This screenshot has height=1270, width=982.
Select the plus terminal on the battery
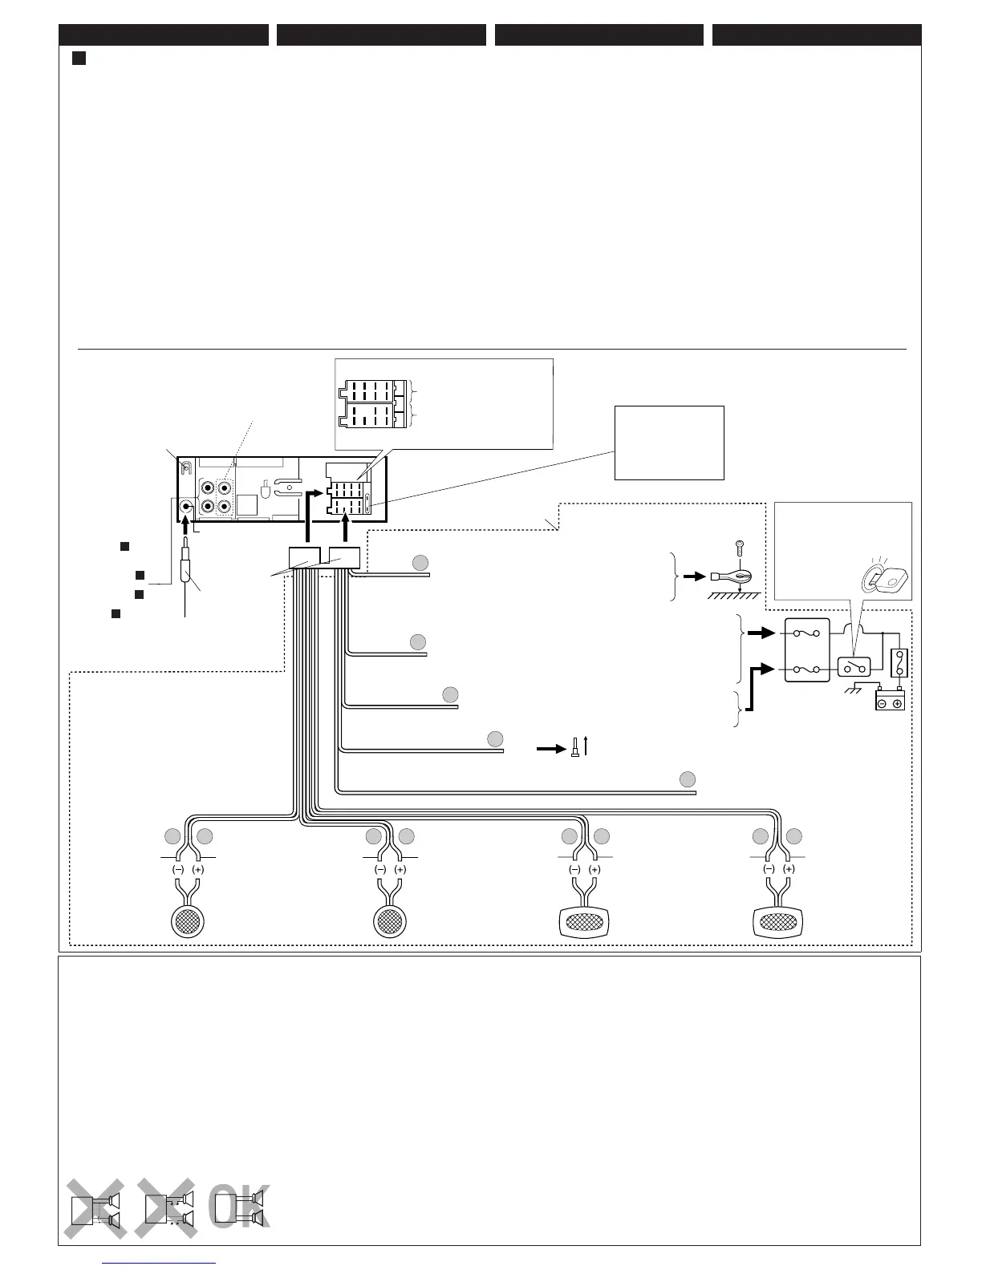click(x=897, y=703)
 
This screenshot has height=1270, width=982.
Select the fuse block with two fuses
click(x=807, y=649)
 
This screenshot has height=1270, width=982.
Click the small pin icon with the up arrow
click(x=575, y=748)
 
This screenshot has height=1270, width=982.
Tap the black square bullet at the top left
click(x=79, y=59)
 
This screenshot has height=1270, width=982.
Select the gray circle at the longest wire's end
click(x=687, y=779)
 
